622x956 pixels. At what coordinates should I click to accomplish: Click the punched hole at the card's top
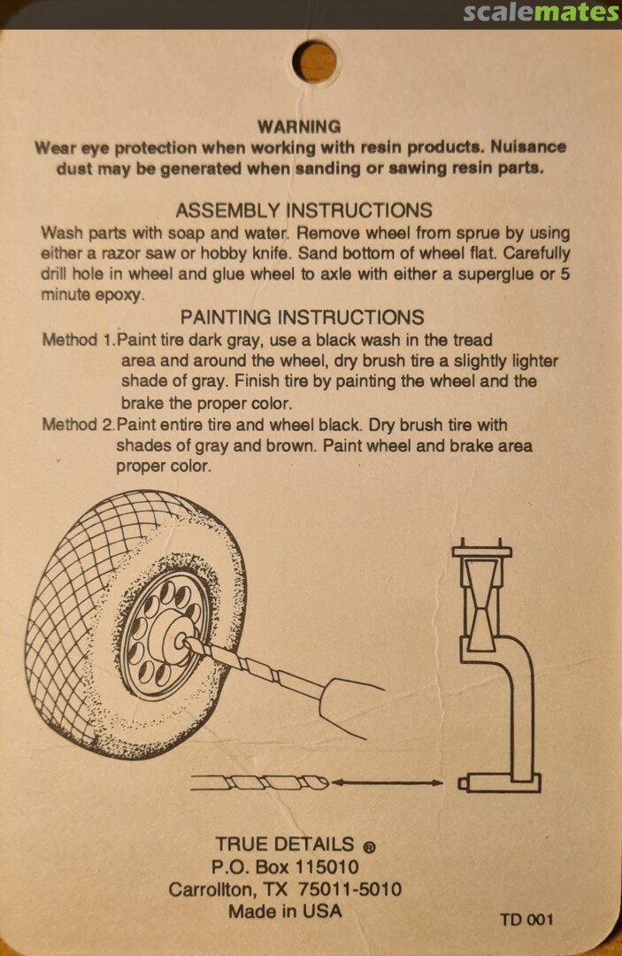pos(314,61)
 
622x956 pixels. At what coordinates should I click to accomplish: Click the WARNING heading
pos(299,127)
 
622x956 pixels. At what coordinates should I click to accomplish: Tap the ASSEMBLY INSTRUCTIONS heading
pos(304,211)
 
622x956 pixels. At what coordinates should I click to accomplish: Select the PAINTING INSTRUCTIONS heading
pos(303,317)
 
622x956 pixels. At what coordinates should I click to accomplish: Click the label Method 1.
pos(79,340)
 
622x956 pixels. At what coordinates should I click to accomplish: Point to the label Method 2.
pos(79,424)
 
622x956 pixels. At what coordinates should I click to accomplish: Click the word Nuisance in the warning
pos(528,147)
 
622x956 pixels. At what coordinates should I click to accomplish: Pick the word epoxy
pos(120,296)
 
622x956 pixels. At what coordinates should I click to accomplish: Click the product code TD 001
pos(526,920)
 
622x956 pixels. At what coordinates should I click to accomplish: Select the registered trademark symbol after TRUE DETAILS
pos(369,847)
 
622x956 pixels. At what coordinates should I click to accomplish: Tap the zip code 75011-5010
pos(349,889)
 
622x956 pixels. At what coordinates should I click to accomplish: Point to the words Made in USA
pos(285,912)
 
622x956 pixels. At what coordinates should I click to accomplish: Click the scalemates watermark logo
pos(541,12)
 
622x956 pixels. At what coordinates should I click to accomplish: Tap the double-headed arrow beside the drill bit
pos(387,783)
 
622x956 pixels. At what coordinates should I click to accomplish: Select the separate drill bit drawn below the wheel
pos(260,783)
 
